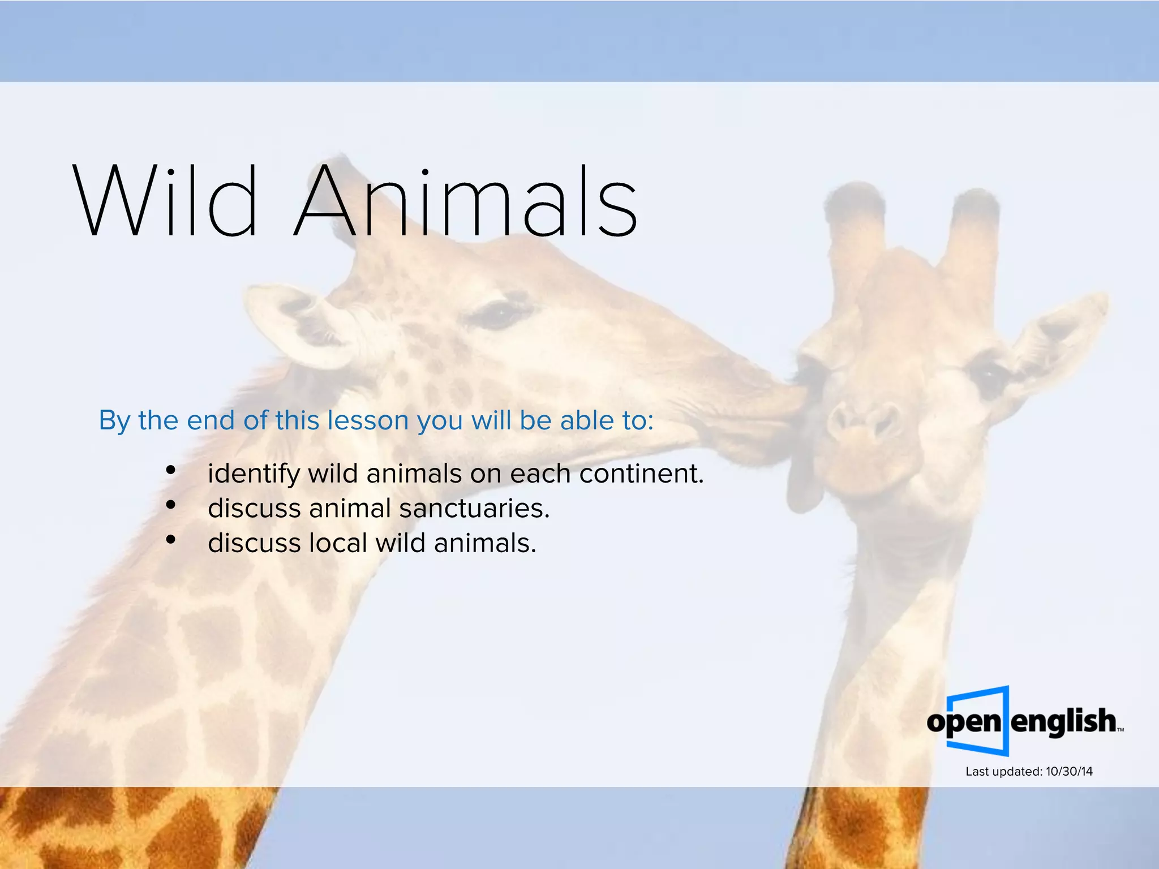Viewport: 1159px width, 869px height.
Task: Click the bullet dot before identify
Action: [170, 470]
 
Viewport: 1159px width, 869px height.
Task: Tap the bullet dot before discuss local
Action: [170, 540]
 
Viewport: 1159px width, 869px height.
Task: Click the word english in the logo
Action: [1063, 721]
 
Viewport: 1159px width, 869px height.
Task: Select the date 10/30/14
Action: [1069, 772]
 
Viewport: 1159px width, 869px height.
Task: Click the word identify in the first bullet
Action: [253, 474]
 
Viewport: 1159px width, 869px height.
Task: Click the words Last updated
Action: [1003, 772]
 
